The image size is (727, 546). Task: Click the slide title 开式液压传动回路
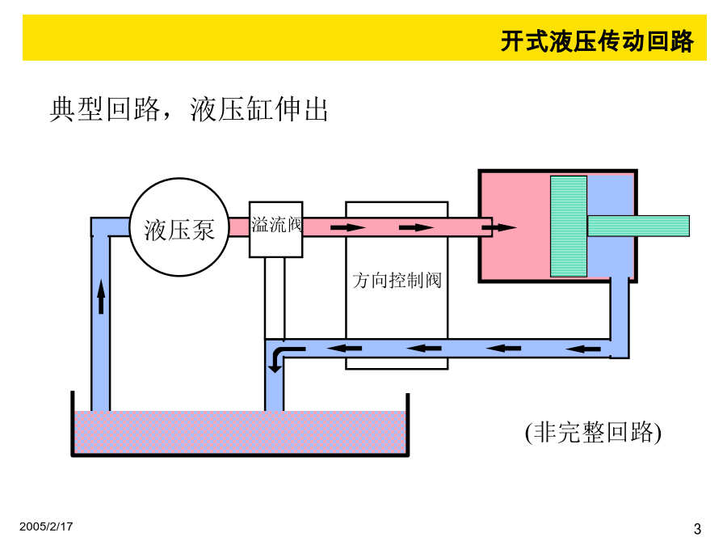[597, 41]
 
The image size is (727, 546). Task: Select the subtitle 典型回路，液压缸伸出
[189, 109]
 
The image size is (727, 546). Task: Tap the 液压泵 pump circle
[179, 227]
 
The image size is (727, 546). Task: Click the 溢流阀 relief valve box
[276, 230]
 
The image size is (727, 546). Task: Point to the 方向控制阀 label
[397, 281]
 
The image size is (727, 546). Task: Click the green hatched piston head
[569, 226]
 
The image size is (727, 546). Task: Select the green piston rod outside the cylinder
[638, 226]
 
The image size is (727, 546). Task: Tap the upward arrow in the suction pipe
[101, 296]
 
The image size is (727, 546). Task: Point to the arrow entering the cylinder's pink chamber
[499, 227]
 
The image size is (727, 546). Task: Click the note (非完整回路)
[593, 433]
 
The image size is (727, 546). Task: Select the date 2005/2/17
[46, 527]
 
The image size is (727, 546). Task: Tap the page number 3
[697, 528]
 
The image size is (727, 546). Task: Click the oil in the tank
[240, 432]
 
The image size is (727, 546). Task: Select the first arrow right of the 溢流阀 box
[348, 227]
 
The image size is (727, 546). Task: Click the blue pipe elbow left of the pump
[101, 227]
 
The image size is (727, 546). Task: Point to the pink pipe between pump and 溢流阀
[239, 227]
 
